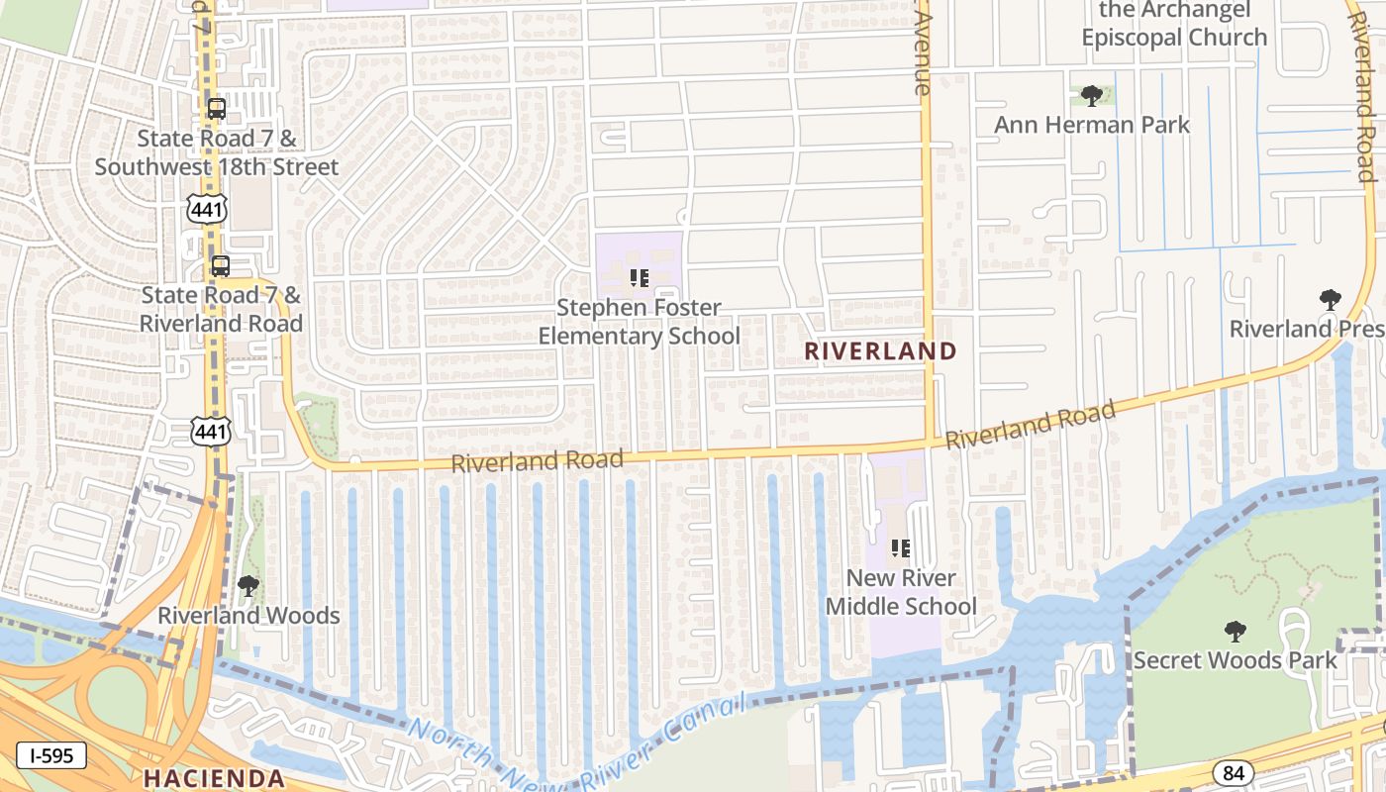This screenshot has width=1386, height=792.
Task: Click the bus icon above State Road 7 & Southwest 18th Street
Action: [x=216, y=109]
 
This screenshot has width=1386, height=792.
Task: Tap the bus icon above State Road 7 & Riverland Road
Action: [x=220, y=265]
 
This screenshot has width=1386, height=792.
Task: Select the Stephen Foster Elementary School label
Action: [x=639, y=322]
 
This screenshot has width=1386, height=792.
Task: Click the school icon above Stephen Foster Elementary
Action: [x=639, y=278]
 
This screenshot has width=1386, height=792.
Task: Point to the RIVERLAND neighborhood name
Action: [x=880, y=350]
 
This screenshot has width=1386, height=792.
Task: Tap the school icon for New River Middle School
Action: [x=900, y=547]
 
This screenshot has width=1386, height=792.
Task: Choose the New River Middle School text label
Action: [x=901, y=592]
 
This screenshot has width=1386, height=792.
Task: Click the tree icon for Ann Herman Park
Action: [x=1092, y=96]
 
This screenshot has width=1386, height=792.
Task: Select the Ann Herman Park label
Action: [x=1092, y=125]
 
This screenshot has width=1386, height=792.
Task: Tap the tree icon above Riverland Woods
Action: [x=248, y=586]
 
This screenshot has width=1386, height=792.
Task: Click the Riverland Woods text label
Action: [x=248, y=616]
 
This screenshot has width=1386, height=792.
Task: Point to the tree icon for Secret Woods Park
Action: [x=1235, y=631]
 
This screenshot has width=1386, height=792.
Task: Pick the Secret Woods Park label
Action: [x=1235, y=659]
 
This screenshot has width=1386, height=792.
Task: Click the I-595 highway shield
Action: [x=50, y=756]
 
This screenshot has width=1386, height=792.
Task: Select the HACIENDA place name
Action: [x=215, y=777]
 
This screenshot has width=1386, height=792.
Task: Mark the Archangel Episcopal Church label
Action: [x=1174, y=24]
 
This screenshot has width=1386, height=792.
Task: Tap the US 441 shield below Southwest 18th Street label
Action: [x=210, y=208]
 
